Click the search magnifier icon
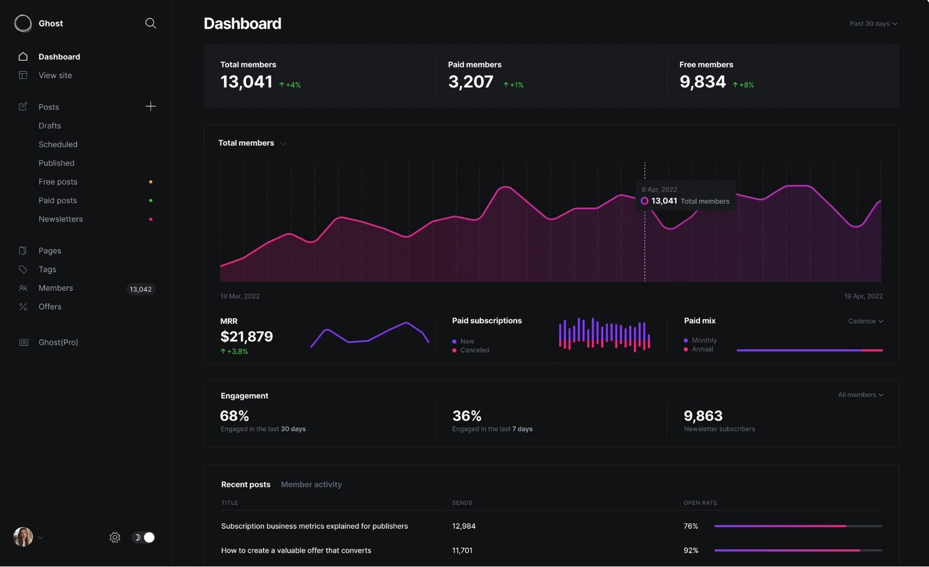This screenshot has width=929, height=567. (x=150, y=23)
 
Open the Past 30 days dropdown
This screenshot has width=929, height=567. (x=873, y=24)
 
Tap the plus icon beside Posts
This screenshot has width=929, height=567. (x=150, y=106)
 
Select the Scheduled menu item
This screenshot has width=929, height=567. (x=58, y=144)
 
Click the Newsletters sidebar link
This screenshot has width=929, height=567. (x=61, y=219)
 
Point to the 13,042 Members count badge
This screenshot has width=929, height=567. (x=141, y=289)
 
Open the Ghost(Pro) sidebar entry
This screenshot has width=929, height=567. (x=58, y=342)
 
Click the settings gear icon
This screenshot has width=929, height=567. (x=115, y=537)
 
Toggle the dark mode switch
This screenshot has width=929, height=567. (x=143, y=537)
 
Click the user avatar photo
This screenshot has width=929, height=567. (x=24, y=537)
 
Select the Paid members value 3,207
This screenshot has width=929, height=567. (x=471, y=82)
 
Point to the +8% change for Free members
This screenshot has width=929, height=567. (x=743, y=85)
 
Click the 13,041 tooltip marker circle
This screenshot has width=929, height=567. (x=645, y=201)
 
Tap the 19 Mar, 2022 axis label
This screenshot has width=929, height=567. (x=240, y=296)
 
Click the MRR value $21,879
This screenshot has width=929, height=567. (x=246, y=337)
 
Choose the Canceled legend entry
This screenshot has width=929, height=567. (x=471, y=350)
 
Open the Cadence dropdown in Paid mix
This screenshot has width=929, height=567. (x=866, y=321)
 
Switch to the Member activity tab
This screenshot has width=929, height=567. (x=312, y=485)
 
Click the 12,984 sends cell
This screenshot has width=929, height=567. (x=464, y=526)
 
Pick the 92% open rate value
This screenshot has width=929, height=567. (x=691, y=550)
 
